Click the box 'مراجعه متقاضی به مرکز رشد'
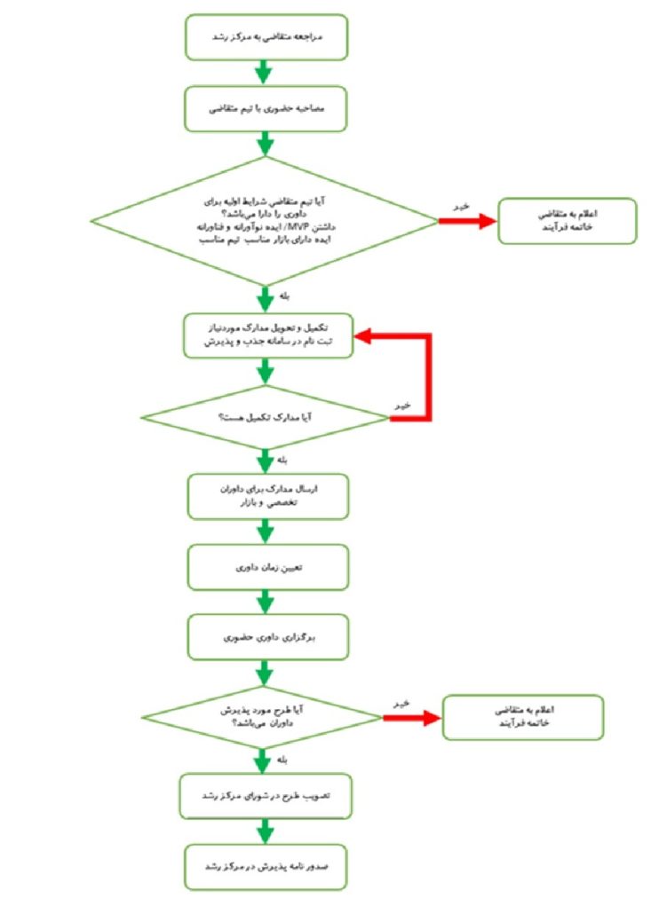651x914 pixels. click(265, 37)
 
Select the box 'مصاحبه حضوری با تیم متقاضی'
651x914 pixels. click(265, 108)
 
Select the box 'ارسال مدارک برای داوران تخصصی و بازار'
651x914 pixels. click(265, 497)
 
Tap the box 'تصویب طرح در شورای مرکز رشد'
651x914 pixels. click(265, 795)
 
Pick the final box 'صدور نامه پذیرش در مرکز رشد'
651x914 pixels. click(265, 866)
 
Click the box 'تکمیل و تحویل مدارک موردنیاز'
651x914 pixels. click(265, 335)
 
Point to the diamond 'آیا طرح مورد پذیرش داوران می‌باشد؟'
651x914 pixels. click(265, 716)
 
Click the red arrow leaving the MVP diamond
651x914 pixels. click(465, 221)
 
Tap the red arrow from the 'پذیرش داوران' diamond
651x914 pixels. click(412, 716)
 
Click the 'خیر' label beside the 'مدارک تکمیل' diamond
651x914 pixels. click(402, 404)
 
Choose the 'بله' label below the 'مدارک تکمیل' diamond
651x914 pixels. click(283, 461)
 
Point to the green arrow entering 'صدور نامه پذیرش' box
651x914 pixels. click(264, 831)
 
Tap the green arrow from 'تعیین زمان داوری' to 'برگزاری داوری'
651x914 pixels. click(264, 603)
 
